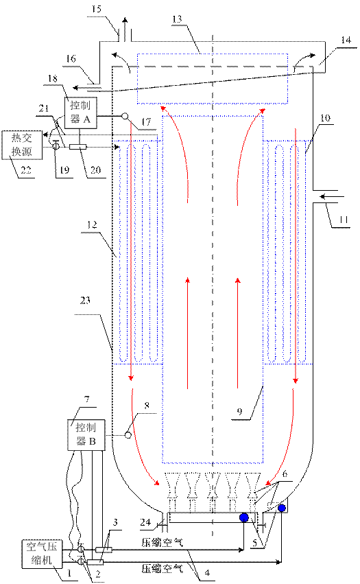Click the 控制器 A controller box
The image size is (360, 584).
click(81, 113)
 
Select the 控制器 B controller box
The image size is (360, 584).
click(86, 435)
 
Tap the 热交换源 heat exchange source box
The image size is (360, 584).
click(21, 145)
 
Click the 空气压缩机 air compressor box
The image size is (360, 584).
click(42, 553)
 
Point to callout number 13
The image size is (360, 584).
click(177, 19)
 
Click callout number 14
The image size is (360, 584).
click(346, 40)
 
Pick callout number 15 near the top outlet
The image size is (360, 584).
click(97, 8)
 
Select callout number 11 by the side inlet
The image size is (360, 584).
click(344, 220)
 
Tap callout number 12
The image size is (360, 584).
click(92, 224)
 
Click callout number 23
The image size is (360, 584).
click(85, 300)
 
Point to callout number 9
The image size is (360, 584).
click(239, 412)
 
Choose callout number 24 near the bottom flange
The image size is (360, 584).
click(145, 522)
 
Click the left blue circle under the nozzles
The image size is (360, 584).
click(244, 517)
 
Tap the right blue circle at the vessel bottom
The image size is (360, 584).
click(281, 508)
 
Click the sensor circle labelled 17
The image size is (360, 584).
click(125, 116)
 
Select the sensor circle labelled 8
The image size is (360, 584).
click(128, 434)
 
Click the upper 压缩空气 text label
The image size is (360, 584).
click(163, 542)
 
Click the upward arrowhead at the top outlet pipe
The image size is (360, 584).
click(125, 21)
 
